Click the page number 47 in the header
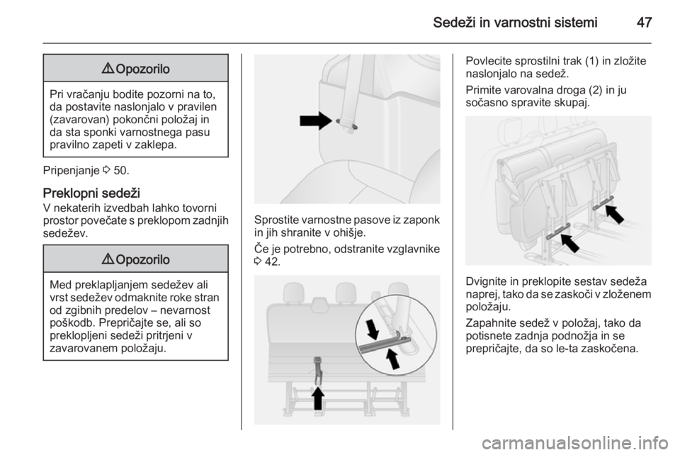click(x=644, y=23)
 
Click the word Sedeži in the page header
click(x=455, y=23)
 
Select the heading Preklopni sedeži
click(x=91, y=193)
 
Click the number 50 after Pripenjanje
click(x=120, y=171)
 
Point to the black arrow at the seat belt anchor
click(x=316, y=120)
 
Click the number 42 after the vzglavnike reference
click(x=272, y=262)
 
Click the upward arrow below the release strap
click(x=318, y=398)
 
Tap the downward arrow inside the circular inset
click(x=373, y=330)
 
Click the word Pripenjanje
click(x=72, y=171)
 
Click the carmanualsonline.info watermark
click(x=578, y=443)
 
